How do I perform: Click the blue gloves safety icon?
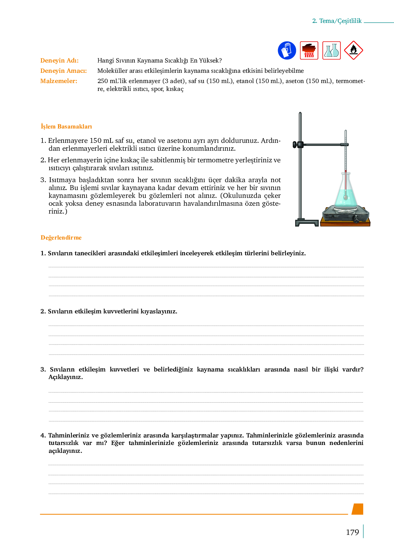tap(287, 50)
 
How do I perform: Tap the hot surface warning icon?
tap(309, 50)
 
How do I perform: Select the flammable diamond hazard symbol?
tap(353, 50)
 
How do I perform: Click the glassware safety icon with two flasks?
tap(331, 50)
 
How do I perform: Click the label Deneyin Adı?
tap(60, 60)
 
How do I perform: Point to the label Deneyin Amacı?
tap(63, 71)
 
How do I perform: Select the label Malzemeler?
tap(58, 81)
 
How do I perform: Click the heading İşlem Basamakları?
tap(66, 126)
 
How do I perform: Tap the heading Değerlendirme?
tap(61, 238)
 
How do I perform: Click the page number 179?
tap(352, 532)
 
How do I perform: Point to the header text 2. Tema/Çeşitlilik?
tap(337, 21)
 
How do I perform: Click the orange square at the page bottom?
tap(357, 509)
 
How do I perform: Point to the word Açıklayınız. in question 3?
tap(66, 377)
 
